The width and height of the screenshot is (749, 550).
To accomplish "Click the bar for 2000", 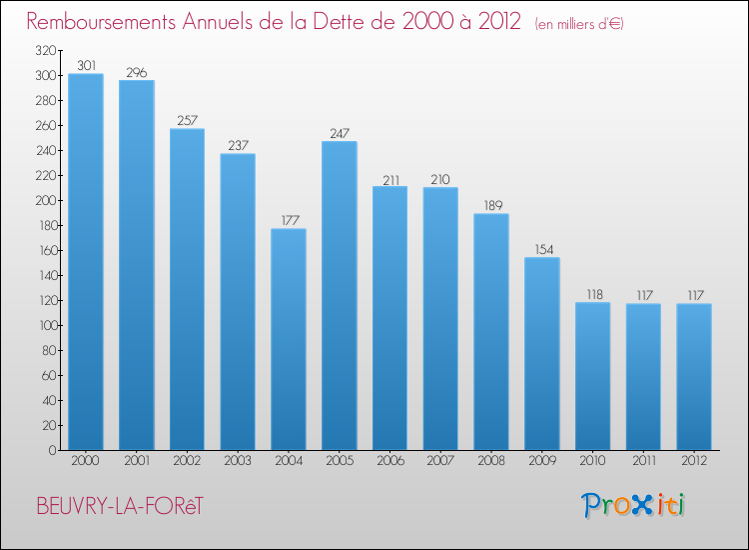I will click(x=86, y=262).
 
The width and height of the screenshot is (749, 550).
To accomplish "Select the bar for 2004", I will click(x=289, y=339).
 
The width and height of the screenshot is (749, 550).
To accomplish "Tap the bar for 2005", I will click(x=340, y=295).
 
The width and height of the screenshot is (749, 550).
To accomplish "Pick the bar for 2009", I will click(x=542, y=353).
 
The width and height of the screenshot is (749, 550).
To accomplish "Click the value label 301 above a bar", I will click(x=86, y=66).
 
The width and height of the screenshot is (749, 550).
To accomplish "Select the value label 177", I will click(x=289, y=221).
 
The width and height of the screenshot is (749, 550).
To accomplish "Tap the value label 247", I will click(x=340, y=133).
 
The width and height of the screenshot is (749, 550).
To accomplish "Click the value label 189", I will click(x=491, y=206).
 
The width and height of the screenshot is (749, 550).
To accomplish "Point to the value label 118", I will click(x=593, y=295).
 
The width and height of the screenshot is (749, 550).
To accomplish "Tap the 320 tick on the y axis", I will click(x=44, y=50).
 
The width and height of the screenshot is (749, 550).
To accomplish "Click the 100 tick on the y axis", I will click(x=44, y=325).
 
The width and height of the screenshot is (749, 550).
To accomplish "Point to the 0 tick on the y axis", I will click(x=51, y=450).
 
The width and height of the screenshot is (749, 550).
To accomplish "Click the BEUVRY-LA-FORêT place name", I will click(x=119, y=506).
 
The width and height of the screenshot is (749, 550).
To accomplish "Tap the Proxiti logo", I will click(x=633, y=505).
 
